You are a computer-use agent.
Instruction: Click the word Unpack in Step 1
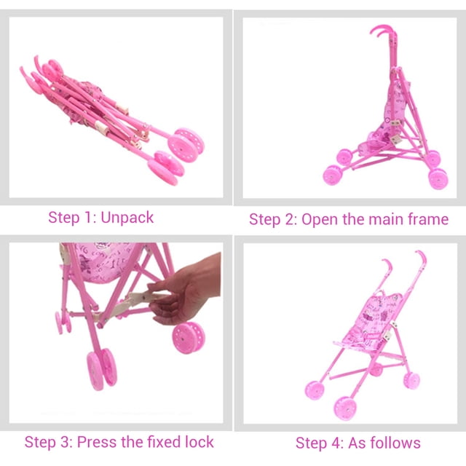(127, 218)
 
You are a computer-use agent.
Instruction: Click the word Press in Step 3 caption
(97, 442)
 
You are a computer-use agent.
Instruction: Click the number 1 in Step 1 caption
(88, 218)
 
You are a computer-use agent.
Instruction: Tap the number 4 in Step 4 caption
(336, 443)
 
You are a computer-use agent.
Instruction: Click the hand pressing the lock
(185, 289)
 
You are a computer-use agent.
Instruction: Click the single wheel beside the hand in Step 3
(189, 338)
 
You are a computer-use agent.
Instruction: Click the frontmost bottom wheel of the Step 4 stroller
(345, 408)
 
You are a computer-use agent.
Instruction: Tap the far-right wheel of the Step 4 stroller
(411, 380)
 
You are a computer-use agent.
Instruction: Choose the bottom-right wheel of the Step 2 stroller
(438, 178)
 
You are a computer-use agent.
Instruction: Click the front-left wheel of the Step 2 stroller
(333, 175)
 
